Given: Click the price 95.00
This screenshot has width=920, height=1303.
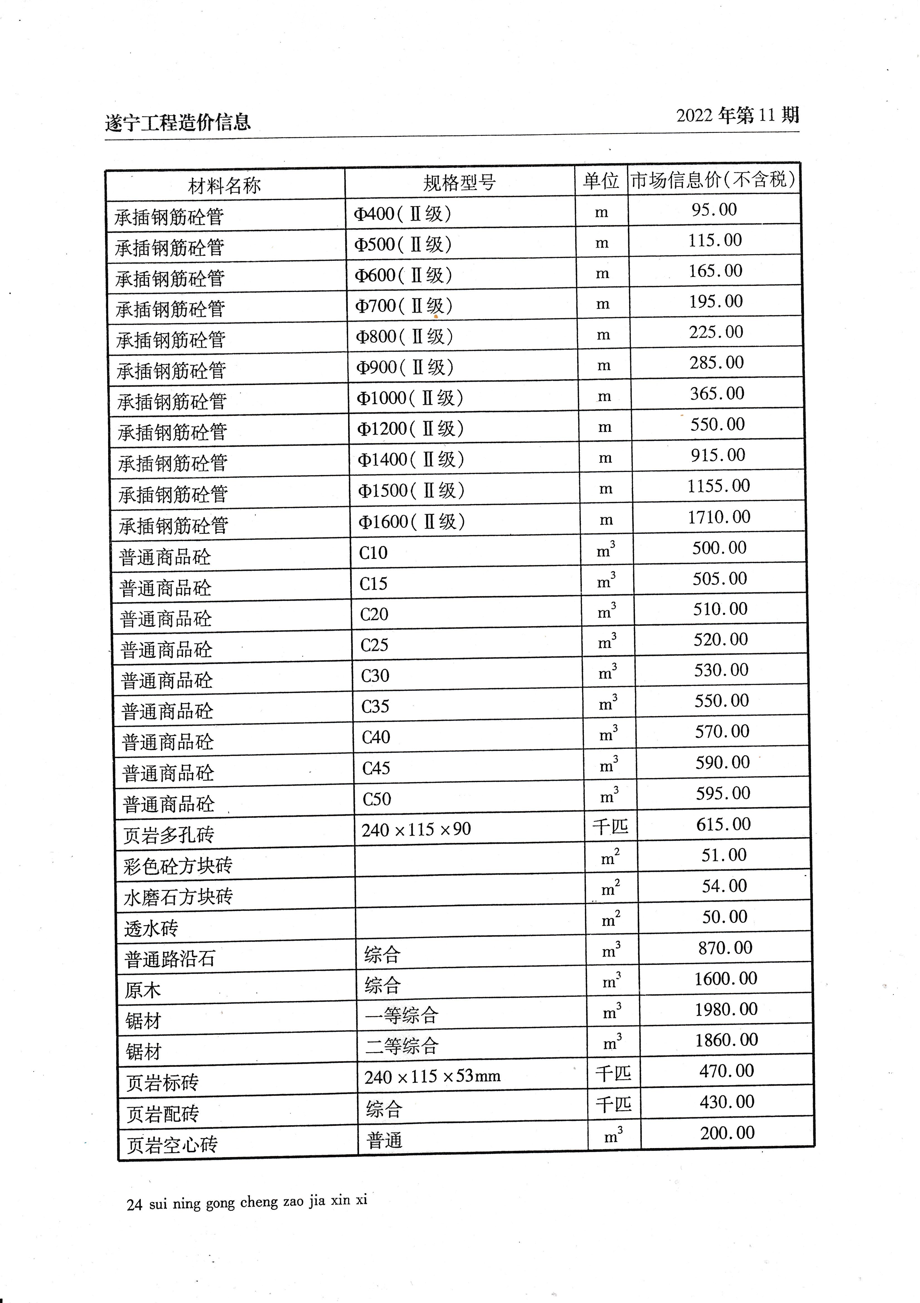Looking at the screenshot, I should point(714,210).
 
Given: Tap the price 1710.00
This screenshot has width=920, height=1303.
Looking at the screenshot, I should point(719,517).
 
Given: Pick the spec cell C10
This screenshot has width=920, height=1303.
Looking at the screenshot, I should point(373,553).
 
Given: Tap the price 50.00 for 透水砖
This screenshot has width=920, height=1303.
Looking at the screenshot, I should point(725,917).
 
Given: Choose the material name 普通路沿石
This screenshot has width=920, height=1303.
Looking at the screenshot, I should point(170,959).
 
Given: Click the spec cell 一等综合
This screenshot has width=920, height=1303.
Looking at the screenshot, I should point(401,1015).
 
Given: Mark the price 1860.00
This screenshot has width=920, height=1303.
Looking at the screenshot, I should point(727,1040).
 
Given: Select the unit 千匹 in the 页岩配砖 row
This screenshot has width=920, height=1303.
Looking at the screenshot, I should point(613,1104).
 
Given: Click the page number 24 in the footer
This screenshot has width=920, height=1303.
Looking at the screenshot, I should point(135,1205).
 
